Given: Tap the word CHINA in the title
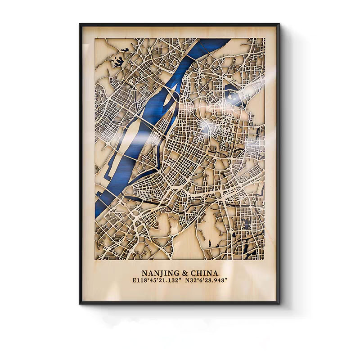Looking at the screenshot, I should coord(203,273).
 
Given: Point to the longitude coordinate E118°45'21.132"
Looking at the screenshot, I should coord(155,280).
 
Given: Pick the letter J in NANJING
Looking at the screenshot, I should coord(164,273).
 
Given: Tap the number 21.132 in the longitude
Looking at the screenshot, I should coord(166,280).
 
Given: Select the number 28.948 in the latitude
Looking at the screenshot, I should coord(215,280).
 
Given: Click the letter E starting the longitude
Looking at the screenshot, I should coord(134,280).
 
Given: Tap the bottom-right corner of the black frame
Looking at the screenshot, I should coord(279,303).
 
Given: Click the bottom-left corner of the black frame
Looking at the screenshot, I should coord(81,303).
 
